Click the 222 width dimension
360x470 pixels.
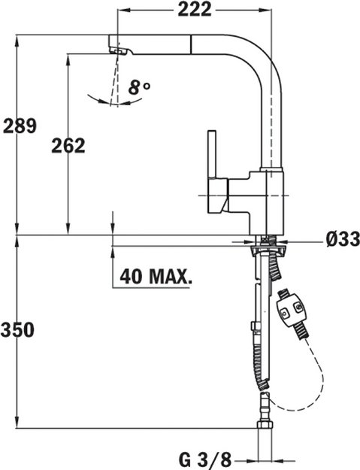pyautogui.click(x=195, y=9)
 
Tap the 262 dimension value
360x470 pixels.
pyautogui.click(x=68, y=144)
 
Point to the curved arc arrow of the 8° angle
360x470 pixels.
pyautogui.click(x=105, y=98)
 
